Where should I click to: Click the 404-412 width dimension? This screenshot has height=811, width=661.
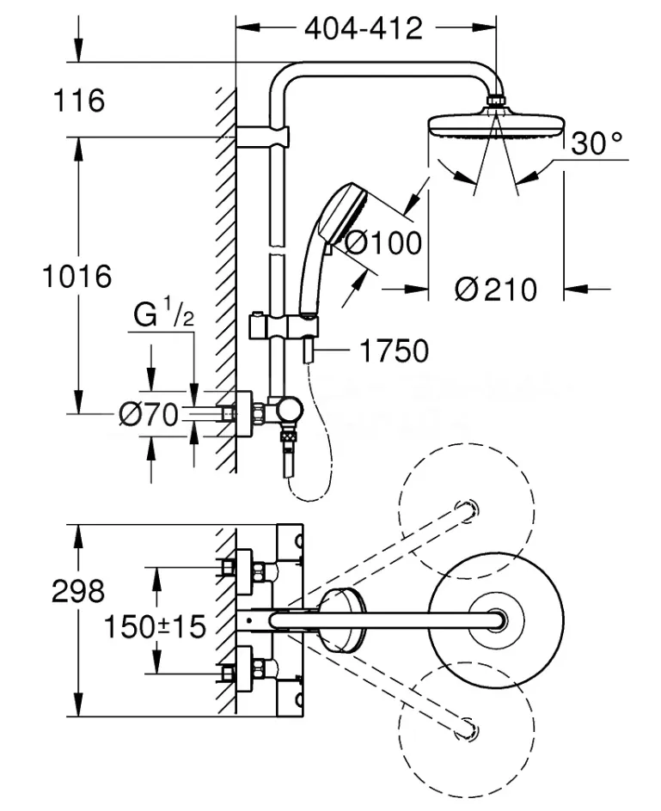(x=364, y=28)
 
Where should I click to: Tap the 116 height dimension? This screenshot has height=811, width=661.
(x=79, y=101)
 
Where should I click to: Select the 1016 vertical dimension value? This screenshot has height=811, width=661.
(x=77, y=276)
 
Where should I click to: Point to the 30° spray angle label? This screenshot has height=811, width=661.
(x=597, y=143)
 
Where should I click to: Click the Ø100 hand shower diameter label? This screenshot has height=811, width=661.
(x=383, y=242)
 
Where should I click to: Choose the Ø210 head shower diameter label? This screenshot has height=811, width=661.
(x=496, y=290)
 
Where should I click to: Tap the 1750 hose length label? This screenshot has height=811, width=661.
(x=394, y=351)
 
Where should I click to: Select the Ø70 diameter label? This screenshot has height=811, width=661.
(x=149, y=414)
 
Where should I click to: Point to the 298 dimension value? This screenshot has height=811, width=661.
(x=78, y=591)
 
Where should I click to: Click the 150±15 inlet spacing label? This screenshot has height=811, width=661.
(x=156, y=626)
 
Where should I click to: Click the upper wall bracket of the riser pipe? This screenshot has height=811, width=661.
(x=262, y=137)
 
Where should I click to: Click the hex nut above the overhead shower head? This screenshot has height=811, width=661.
(x=497, y=100)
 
